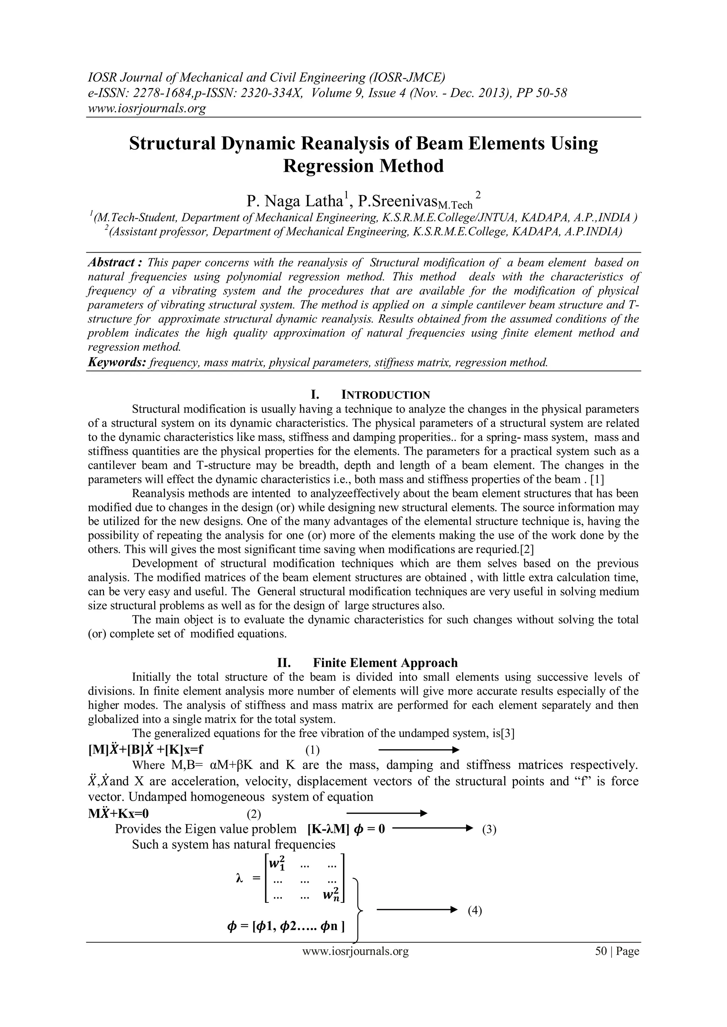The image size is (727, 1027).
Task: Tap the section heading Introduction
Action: pyautogui.click(x=386, y=395)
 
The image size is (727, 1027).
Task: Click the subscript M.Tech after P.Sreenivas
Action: pyautogui.click(x=455, y=205)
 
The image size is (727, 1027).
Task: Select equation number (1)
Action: pyautogui.click(x=312, y=750)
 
